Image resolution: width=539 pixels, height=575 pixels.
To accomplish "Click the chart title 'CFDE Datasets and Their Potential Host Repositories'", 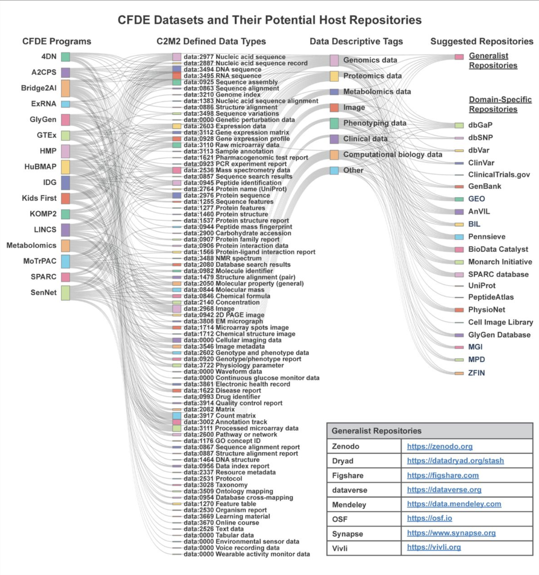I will pos(269,20).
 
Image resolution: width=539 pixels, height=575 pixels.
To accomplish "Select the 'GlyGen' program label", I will pos(43,120).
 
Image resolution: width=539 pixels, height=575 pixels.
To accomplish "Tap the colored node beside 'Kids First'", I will pos(66,198).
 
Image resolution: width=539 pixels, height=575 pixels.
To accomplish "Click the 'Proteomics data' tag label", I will pos(372,76).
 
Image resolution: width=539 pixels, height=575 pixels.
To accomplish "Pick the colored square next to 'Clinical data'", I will pos(334,139).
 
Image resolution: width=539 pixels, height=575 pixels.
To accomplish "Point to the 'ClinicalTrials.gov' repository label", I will pos(499,174).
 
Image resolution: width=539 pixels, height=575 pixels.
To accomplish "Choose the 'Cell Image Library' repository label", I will pos(500,322).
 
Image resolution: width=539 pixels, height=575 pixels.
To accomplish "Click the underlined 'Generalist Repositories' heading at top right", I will pos(493,61).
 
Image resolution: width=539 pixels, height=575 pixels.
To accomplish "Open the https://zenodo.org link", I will pos(440,446).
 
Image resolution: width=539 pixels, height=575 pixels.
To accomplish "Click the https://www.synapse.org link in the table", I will pos(451,533).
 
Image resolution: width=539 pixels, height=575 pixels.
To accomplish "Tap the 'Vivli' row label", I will pos(340,547).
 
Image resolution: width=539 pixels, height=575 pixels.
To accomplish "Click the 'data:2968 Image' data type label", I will pos(209,308).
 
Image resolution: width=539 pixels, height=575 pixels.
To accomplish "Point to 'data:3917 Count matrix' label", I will pos(220,416).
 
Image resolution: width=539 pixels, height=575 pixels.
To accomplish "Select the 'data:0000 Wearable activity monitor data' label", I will pos(246,554).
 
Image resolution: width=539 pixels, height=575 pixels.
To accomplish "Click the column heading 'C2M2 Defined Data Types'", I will pos(211,41).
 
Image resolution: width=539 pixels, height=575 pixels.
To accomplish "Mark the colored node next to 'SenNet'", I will pos(66,293).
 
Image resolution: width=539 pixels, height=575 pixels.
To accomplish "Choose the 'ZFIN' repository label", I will pos(476,373).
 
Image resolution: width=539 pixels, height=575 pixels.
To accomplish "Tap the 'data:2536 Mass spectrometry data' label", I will pos(237,170).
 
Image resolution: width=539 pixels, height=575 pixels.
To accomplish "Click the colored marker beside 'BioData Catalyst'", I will pos(459,250).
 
